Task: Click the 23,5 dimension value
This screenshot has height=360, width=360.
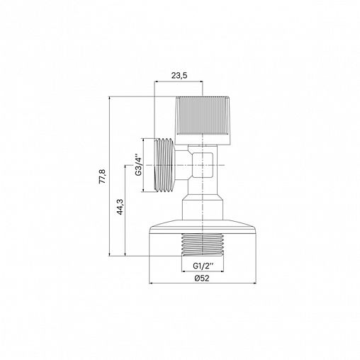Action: pyautogui.click(x=179, y=76)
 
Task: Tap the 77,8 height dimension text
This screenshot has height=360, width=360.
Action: pyautogui.click(x=103, y=176)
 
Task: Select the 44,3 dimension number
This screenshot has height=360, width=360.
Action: pyautogui.click(x=120, y=207)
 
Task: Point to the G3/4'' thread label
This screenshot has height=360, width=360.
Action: pyautogui.click(x=138, y=165)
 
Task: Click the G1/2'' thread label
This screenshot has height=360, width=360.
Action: pyautogui.click(x=203, y=266)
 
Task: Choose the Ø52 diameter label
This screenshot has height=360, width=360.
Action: pyautogui.click(x=202, y=279)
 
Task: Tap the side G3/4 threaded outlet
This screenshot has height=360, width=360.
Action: pyautogui.click(x=164, y=165)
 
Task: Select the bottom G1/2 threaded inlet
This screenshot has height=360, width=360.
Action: pyautogui.click(x=203, y=244)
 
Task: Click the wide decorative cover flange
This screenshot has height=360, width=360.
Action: pyautogui.click(x=203, y=227)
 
